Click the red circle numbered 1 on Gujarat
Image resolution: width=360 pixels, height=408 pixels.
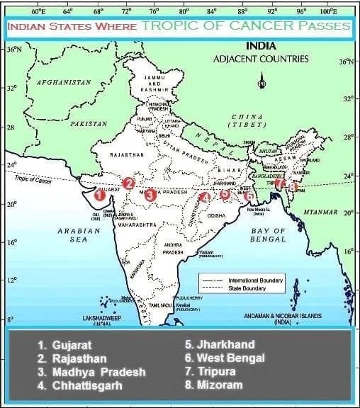[100, 194]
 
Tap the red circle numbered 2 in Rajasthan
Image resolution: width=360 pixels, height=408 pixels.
[128, 183]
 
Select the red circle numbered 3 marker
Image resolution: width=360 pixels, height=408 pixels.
[151, 194]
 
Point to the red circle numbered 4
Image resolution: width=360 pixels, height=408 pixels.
[204, 198]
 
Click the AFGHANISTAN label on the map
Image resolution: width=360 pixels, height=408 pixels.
[64, 82]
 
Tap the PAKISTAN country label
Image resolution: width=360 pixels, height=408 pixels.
[89, 123]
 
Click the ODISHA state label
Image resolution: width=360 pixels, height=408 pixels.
[216, 215]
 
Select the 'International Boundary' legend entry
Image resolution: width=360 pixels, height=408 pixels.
[255, 280]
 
